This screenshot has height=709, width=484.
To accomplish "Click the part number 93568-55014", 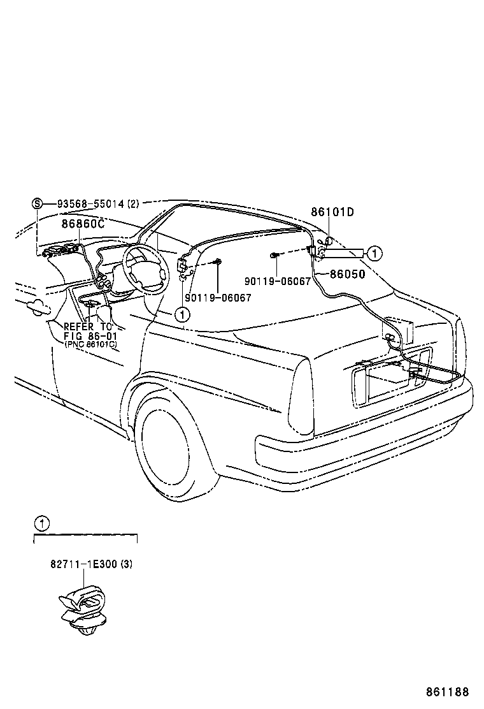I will tap(90, 205).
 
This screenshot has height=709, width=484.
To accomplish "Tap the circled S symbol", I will tap(37, 204).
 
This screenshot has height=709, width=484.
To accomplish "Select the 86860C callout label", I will tap(83, 224).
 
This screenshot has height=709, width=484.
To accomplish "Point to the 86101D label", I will tap(332, 212).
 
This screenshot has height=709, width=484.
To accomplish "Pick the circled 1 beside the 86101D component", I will tap(375, 253).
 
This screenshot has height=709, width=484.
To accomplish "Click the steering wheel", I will tap(145, 268).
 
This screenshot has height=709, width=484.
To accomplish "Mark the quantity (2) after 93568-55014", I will tap(132, 205).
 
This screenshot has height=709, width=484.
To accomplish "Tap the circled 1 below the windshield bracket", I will tap(182, 314).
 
